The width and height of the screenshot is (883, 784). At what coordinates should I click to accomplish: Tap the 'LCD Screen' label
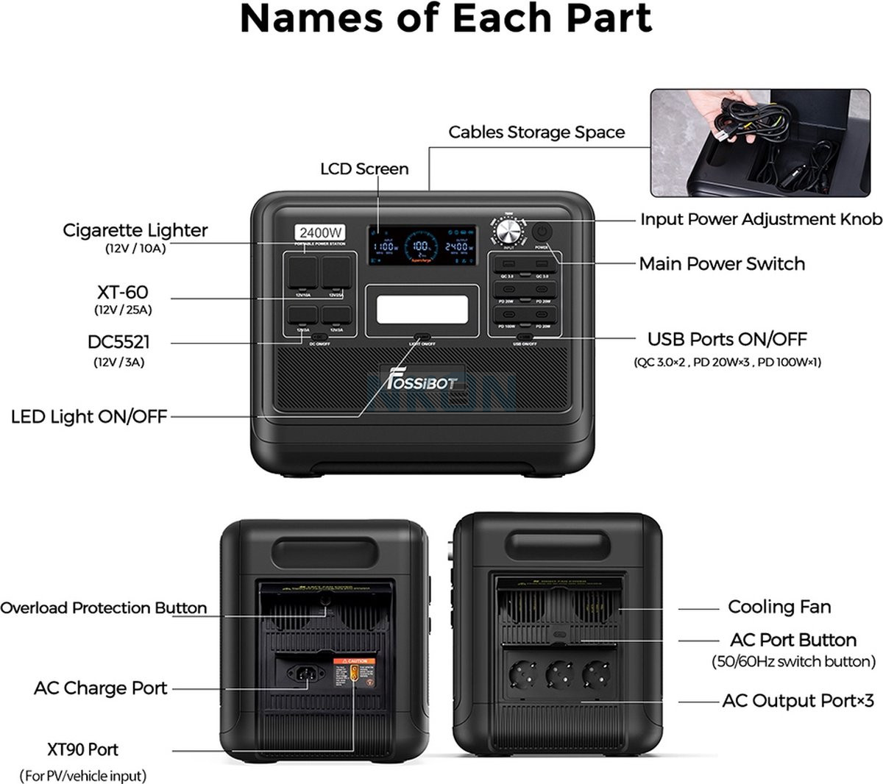point(364,169)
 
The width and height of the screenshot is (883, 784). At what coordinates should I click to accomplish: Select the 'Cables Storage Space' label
point(536,132)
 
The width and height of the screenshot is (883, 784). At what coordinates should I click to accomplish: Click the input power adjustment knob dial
point(507,232)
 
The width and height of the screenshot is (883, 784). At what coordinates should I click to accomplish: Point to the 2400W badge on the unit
point(321,233)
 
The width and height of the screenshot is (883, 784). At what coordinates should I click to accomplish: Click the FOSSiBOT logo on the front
point(422,381)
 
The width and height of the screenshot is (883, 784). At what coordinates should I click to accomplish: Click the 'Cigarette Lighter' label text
point(135,230)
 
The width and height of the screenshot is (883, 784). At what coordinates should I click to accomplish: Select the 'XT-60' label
point(122,292)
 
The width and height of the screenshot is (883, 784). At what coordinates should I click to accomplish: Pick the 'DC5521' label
point(118,342)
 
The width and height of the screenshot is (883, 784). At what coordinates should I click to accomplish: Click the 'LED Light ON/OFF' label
point(89,417)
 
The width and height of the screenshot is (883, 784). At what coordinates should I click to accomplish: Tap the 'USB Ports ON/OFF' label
point(727,339)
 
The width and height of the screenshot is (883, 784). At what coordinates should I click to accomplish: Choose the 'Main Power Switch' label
point(721,264)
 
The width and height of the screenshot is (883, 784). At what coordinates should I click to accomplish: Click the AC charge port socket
point(302,673)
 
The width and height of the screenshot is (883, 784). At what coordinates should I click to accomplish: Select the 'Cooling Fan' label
point(779,607)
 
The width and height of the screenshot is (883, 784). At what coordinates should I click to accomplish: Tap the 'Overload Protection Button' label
point(104,608)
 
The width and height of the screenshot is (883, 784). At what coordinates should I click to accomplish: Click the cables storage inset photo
point(765,143)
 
